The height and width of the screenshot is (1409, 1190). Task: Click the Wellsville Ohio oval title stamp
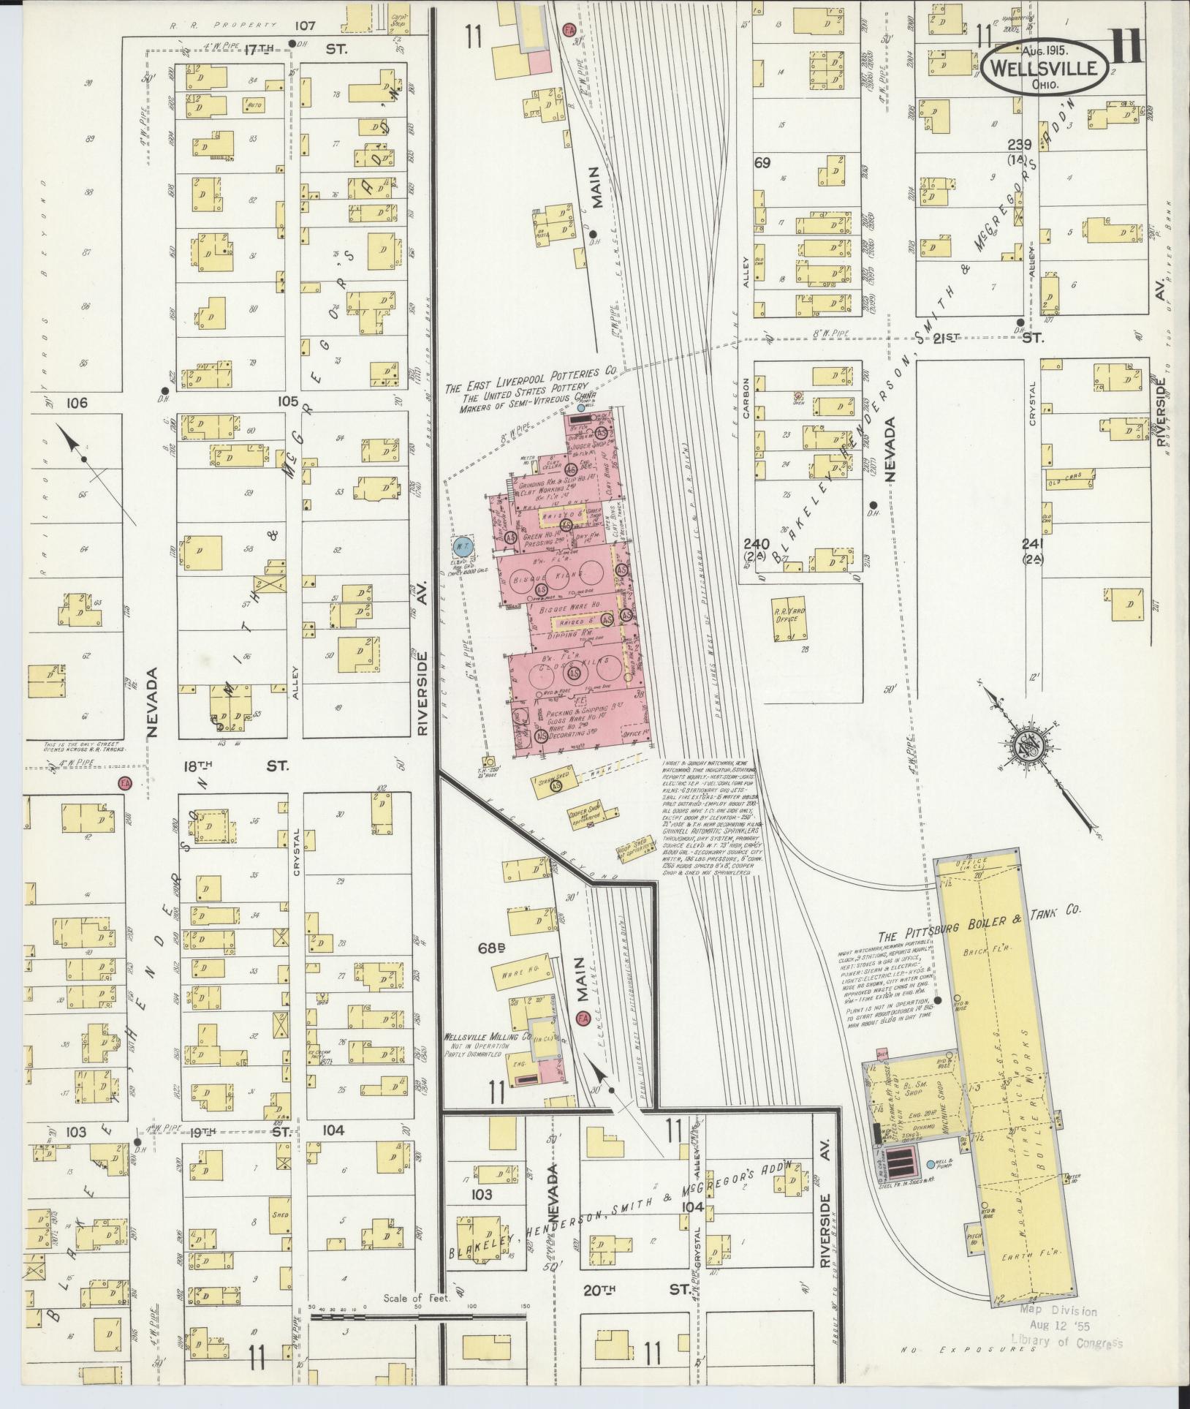(x=1045, y=67)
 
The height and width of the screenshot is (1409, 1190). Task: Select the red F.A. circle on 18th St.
(x=126, y=782)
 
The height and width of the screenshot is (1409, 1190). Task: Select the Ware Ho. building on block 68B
(x=518, y=972)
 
